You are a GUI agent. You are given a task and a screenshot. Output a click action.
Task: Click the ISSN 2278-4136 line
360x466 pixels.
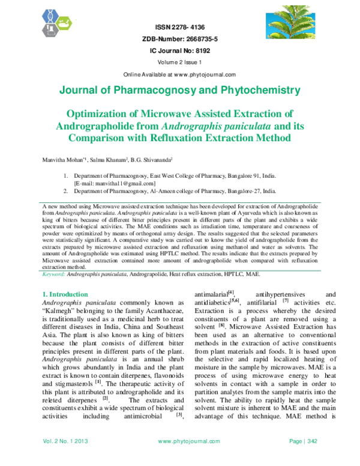(179, 28)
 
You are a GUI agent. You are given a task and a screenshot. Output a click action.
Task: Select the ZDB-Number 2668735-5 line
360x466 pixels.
(179, 40)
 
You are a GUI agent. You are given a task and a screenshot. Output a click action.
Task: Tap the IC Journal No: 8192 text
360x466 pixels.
(179, 51)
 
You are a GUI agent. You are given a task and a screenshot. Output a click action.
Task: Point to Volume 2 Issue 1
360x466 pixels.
(179, 62)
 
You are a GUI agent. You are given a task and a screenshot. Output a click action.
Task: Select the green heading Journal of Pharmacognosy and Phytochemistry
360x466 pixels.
(179, 91)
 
